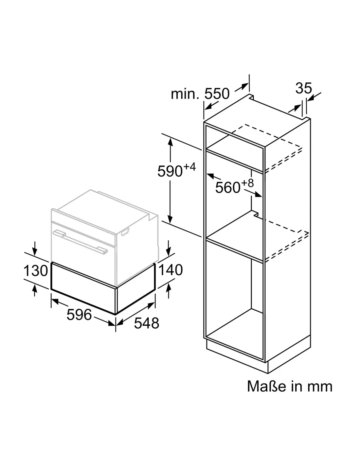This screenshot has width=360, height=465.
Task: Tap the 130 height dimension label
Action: point(36,270)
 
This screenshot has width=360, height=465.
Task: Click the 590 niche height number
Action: point(170,171)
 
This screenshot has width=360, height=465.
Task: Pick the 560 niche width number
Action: point(228,187)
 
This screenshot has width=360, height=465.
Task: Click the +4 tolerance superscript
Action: point(189,167)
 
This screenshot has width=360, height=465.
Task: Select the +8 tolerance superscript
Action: point(247,183)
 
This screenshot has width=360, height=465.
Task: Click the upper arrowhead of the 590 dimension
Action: point(170,142)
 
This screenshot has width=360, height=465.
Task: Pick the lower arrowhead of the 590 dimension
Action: point(170,219)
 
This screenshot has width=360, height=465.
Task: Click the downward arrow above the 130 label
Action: point(35,249)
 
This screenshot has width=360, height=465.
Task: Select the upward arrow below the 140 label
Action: point(169,290)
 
